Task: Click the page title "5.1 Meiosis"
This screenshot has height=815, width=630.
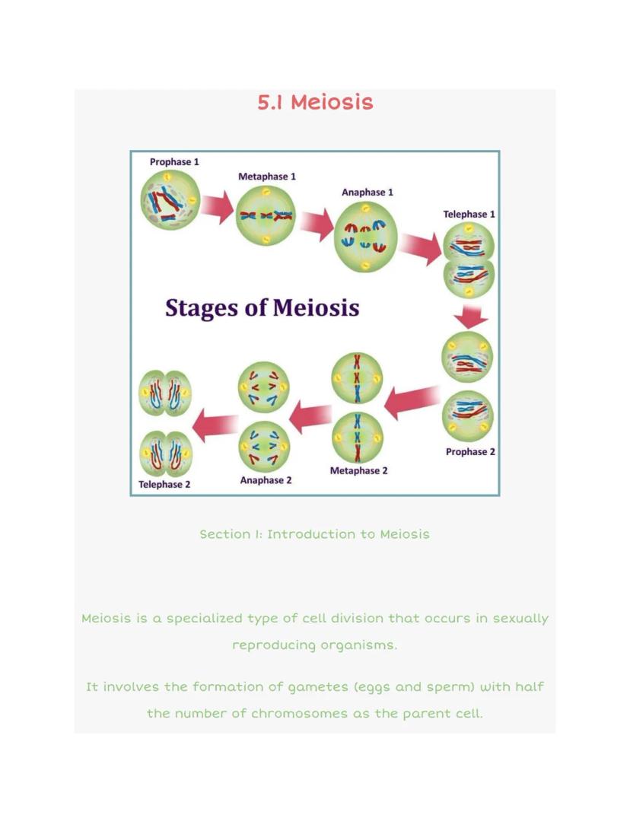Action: (x=315, y=102)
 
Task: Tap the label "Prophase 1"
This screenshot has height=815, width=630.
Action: (x=174, y=162)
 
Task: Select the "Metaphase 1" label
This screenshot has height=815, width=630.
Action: (x=267, y=177)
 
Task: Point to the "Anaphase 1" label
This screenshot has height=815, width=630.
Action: (x=367, y=193)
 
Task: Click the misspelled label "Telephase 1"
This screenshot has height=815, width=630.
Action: (x=469, y=215)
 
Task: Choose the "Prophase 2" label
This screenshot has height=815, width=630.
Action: (x=470, y=452)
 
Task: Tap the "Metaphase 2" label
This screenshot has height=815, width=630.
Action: (x=358, y=471)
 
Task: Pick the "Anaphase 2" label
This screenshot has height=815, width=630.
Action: (x=266, y=481)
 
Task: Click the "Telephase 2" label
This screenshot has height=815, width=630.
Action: (x=164, y=485)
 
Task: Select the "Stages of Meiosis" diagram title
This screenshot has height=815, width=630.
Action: (x=262, y=308)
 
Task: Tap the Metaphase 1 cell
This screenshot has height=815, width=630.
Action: (x=266, y=216)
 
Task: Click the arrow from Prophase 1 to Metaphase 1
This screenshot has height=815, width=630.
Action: (x=218, y=207)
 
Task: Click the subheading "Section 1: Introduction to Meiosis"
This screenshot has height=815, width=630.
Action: (x=314, y=534)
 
